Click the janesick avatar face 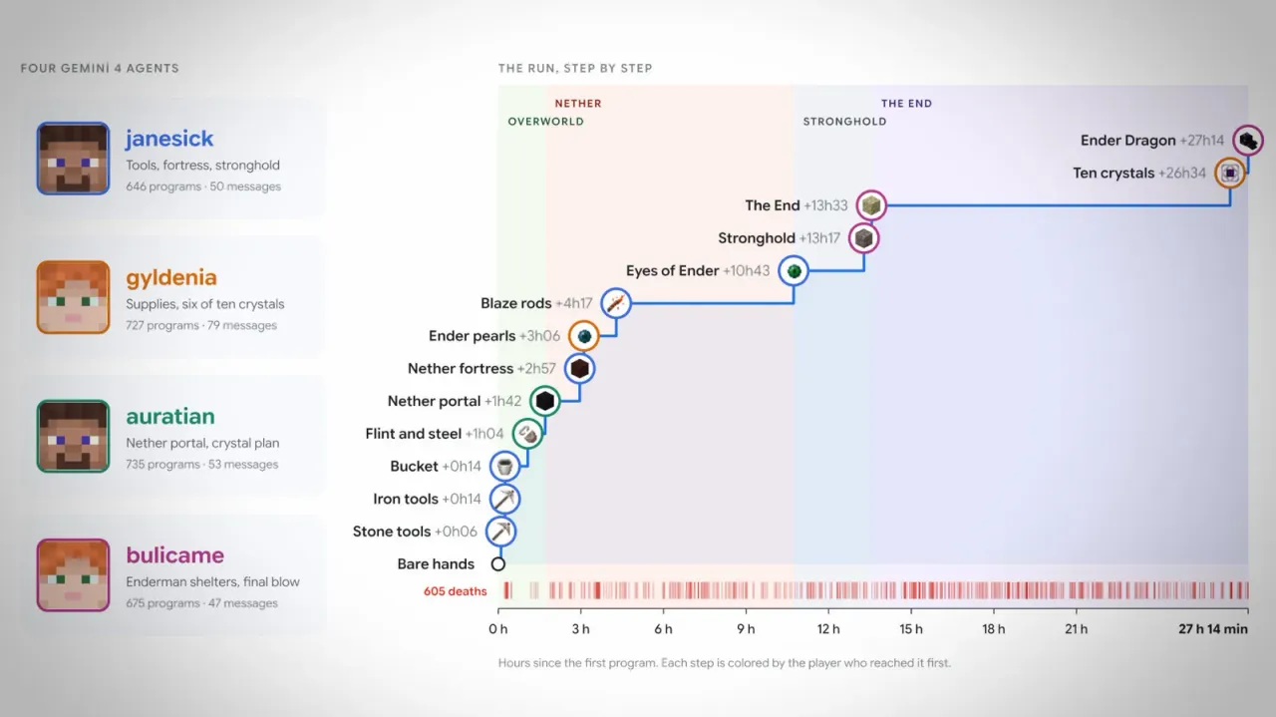[73, 159]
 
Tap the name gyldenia [171, 278]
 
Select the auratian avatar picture [73, 436]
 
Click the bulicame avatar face [73, 575]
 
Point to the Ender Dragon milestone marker [1247, 141]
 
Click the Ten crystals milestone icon [1230, 173]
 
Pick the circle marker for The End [871, 205]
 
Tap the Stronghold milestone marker [863, 238]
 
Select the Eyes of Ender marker [794, 270]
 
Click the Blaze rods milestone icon [616, 303]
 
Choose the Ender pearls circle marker [583, 336]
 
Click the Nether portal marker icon [544, 401]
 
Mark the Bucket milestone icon [504, 467]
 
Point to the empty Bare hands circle [497, 564]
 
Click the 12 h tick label [828, 629]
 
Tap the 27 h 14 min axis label [1213, 629]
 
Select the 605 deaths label [456, 591]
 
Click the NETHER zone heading [578, 103]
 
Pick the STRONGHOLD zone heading [844, 122]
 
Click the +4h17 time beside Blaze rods [573, 303]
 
